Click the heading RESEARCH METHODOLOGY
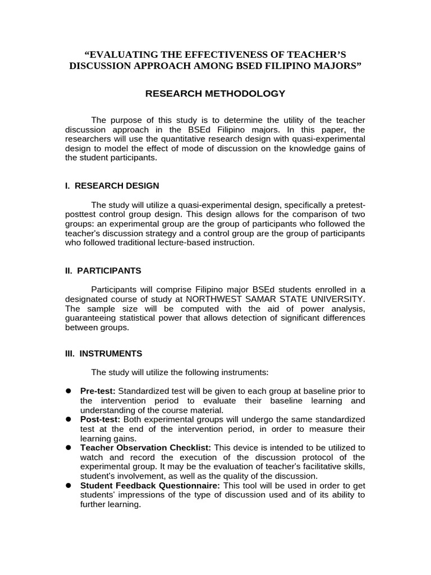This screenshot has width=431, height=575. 215,93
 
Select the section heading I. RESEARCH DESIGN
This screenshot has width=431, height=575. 112,186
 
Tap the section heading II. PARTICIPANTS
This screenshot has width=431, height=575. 103,271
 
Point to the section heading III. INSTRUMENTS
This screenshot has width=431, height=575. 103,354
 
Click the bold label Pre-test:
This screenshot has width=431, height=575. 98,391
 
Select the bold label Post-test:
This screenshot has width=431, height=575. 100,419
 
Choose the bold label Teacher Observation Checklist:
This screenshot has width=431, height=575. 145,448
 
